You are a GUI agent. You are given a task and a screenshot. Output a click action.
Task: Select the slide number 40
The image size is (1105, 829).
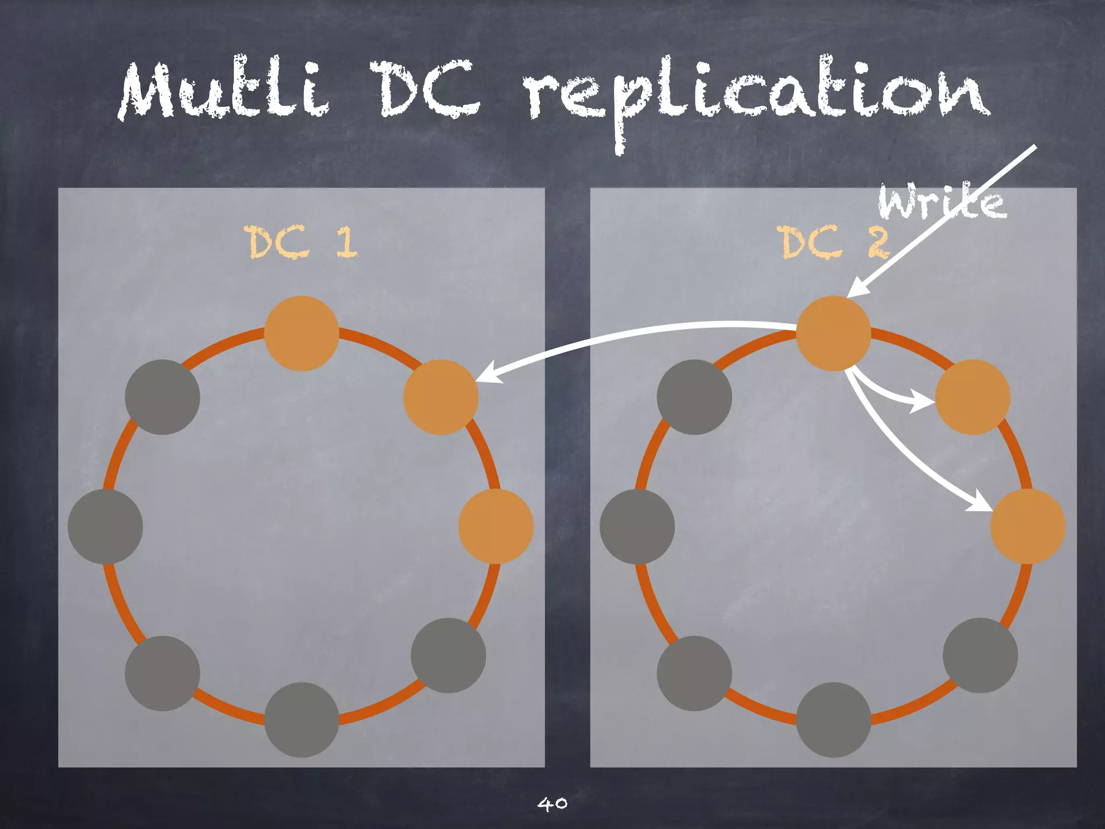pyautogui.click(x=552, y=804)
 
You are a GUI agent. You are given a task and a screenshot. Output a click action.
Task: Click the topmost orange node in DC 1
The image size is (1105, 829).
pyautogui.click(x=302, y=334)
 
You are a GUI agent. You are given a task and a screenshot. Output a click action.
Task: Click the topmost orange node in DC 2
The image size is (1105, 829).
pyautogui.click(x=834, y=334)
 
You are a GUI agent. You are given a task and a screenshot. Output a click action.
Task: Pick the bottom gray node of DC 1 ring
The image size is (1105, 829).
pyautogui.click(x=302, y=719)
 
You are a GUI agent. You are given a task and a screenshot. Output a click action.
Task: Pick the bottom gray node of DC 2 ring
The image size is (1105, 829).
pyautogui.click(x=834, y=719)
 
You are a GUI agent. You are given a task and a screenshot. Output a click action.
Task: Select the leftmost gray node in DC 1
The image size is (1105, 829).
pyautogui.click(x=105, y=526)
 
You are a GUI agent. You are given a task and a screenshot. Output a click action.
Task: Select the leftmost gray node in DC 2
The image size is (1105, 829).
pyautogui.click(x=637, y=526)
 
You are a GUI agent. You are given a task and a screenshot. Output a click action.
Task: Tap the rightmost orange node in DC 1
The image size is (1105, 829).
pyautogui.click(x=496, y=526)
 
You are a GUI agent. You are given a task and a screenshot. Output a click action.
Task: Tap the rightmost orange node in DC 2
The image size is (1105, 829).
pyautogui.click(x=1028, y=526)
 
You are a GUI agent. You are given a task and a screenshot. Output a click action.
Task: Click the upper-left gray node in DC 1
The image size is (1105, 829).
pyautogui.click(x=162, y=397)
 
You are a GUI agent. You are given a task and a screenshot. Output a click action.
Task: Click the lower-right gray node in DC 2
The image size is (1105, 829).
pyautogui.click(x=980, y=655)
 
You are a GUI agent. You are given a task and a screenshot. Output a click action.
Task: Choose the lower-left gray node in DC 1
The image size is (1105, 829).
pyautogui.click(x=162, y=673)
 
